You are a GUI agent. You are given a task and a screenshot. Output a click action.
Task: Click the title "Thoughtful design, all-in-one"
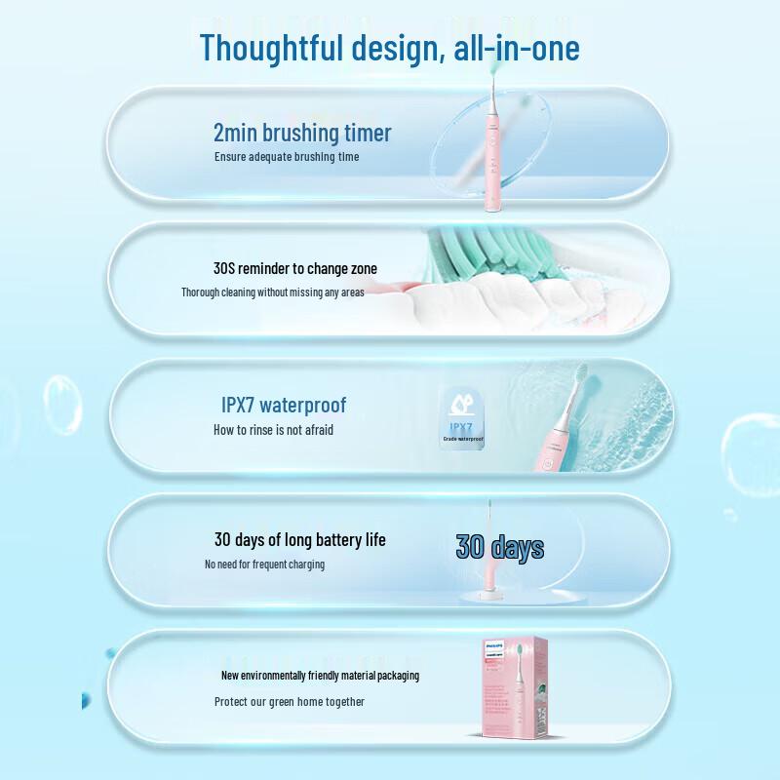click(x=390, y=48)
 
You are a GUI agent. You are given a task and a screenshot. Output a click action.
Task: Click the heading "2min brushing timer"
click(x=302, y=133)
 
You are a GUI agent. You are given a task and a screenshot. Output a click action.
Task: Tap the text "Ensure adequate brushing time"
click(x=287, y=156)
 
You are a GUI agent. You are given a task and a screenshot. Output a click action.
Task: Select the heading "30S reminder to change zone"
click(x=295, y=268)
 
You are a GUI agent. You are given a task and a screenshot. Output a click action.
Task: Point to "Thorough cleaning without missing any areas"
click(x=273, y=292)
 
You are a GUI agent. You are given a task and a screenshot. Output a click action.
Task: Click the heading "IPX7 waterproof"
click(x=284, y=405)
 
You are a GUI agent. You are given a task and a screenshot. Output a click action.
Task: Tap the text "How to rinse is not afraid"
click(x=273, y=429)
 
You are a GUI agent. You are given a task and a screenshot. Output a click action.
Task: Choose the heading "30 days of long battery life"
click(x=300, y=539)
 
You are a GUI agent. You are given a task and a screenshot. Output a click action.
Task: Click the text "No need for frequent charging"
click(x=265, y=564)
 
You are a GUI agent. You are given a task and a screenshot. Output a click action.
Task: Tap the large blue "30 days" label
click(x=500, y=547)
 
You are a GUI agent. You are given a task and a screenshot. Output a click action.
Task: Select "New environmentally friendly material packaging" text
click(x=321, y=676)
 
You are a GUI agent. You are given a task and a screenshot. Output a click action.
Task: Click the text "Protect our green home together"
click(x=290, y=701)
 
